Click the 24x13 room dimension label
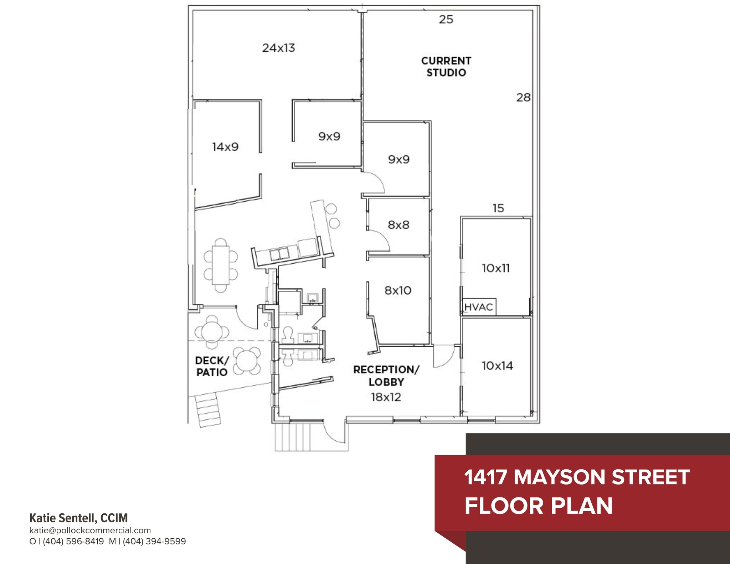point(278,48)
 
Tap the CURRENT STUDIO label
point(446,67)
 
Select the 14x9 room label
point(225,146)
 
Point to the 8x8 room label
point(399,225)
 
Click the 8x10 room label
point(398,290)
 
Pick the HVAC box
point(478,307)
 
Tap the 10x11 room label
point(496,268)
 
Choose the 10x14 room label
point(497,366)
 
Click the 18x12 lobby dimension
point(386,397)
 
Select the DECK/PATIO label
point(212,366)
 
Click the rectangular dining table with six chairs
point(221,265)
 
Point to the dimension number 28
point(523,97)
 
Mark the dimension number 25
point(446,19)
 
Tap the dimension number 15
point(498,208)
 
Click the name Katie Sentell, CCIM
point(78,518)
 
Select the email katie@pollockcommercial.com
point(90,530)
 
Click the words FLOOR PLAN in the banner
point(538,506)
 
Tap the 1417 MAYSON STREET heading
point(577,477)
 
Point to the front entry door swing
point(334,433)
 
